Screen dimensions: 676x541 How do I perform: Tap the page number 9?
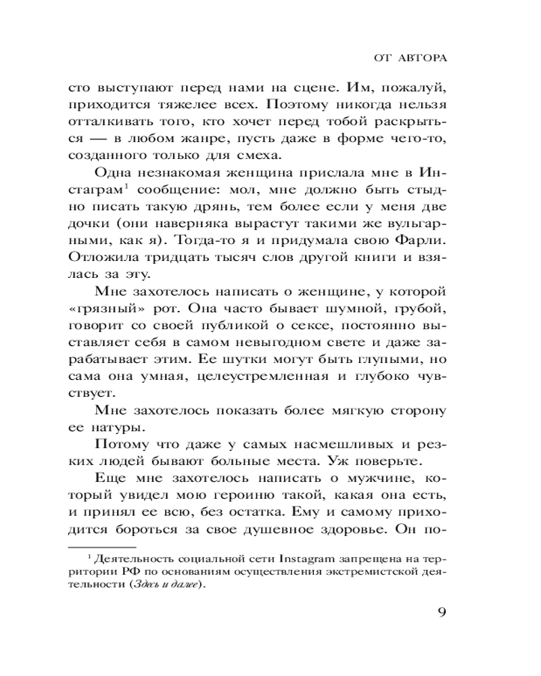tap(440, 614)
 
